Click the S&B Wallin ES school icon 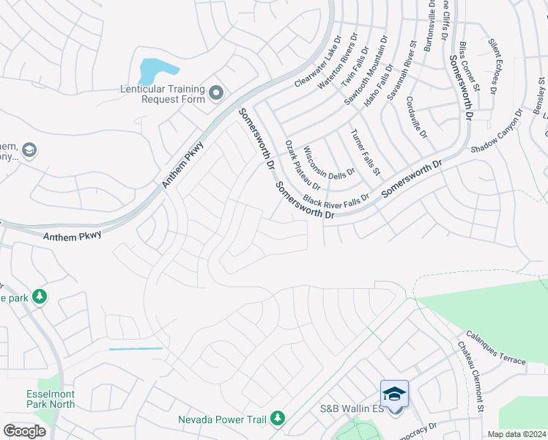point(394,394)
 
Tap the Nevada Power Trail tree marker point(277,418)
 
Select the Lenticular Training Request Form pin point(216,93)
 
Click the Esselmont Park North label point(51,398)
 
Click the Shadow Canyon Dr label point(497,131)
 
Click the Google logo point(24,431)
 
